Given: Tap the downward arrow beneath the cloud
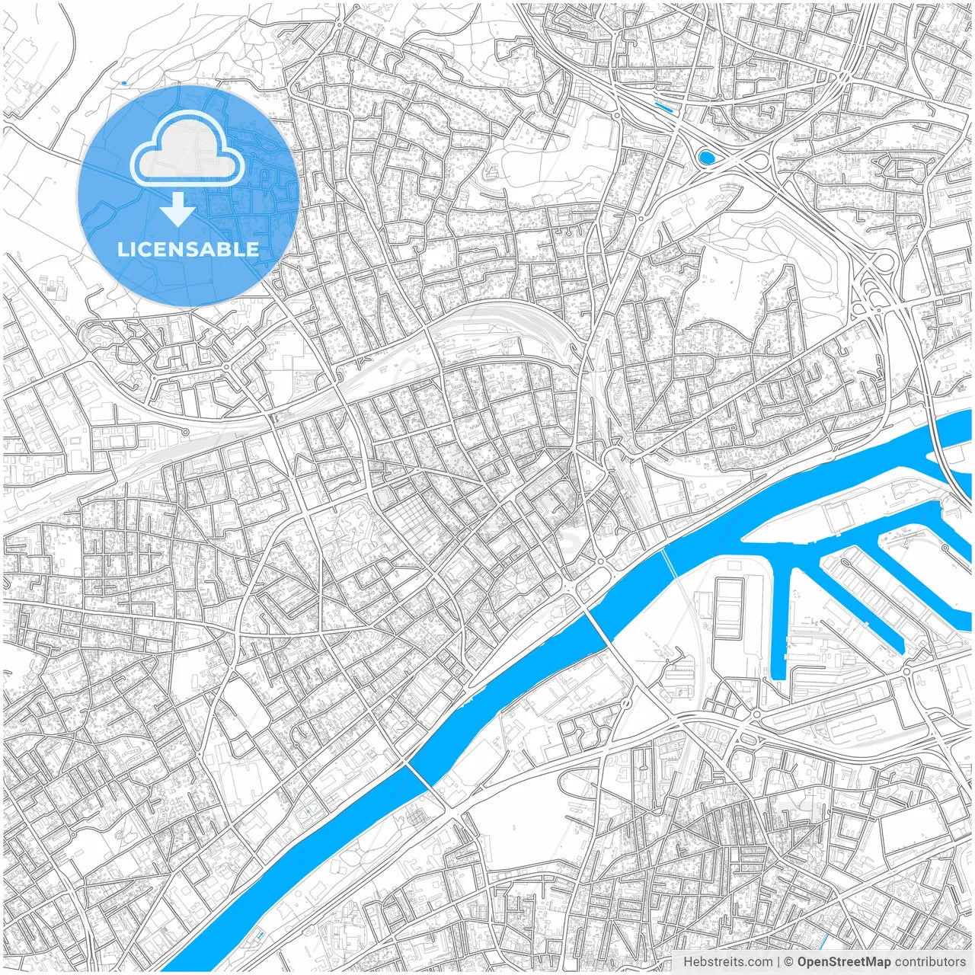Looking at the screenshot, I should point(177,209).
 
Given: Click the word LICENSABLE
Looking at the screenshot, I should point(187,249).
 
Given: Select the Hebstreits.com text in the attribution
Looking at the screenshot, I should point(727,962).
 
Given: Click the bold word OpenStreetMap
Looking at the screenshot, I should point(843,962).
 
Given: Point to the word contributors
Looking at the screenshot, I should point(930,962).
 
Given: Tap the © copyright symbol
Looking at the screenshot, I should point(789,962).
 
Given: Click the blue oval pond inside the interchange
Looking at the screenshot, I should point(706,158).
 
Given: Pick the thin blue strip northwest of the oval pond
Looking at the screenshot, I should point(663,108).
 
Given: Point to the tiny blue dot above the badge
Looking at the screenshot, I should point(123,82).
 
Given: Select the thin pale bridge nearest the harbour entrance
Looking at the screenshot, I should point(668,563).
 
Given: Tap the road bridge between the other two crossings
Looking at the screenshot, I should point(596,627).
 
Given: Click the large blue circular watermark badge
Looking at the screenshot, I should point(187,197).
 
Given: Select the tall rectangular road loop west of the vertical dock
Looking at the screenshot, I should point(729,609).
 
